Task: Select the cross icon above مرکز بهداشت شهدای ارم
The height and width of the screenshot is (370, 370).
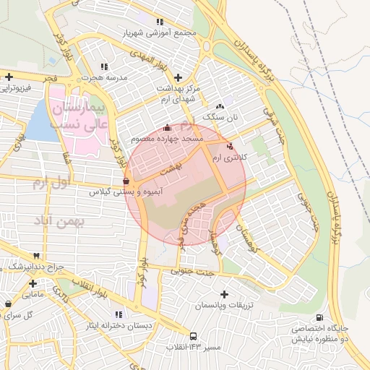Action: (178, 77)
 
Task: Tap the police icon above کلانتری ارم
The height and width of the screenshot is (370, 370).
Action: (231, 146)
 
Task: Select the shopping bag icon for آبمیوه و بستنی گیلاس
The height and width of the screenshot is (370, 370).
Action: (126, 181)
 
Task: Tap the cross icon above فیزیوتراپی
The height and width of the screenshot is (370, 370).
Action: (8, 77)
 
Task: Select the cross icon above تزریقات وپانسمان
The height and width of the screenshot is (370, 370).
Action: (224, 295)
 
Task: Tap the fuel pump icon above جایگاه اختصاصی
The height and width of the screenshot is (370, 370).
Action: (319, 317)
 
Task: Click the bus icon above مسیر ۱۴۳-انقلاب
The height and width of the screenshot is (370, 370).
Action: (193, 336)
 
